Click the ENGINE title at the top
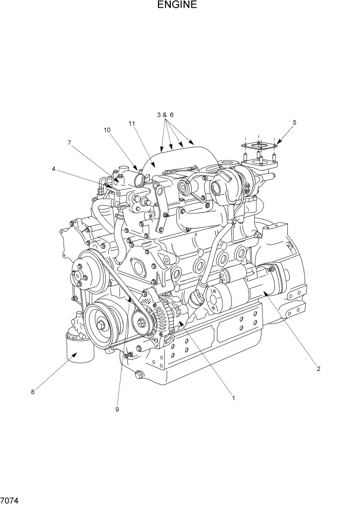point(177,6)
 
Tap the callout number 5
point(294,123)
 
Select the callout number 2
point(318,368)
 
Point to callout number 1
point(233,397)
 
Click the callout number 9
point(117,409)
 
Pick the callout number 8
point(33,392)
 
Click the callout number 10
point(107,130)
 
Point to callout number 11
point(132,124)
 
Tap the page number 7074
point(9,499)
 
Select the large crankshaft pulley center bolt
point(103,324)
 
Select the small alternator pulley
point(142,323)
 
